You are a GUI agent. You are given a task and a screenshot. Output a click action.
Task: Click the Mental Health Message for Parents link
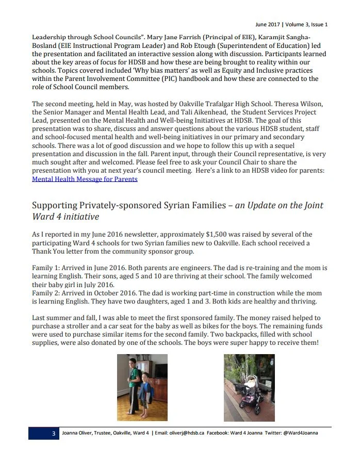pyautogui.click(x=85, y=179)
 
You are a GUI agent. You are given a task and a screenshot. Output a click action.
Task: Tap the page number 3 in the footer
pyautogui.click(x=53, y=433)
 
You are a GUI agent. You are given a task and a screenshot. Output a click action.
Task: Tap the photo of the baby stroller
pyautogui.click(x=241, y=388)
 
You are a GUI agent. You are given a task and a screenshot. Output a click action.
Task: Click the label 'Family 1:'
pyautogui.click(x=46, y=268)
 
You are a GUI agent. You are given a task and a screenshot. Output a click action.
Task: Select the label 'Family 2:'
pyautogui.click(x=46, y=293)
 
